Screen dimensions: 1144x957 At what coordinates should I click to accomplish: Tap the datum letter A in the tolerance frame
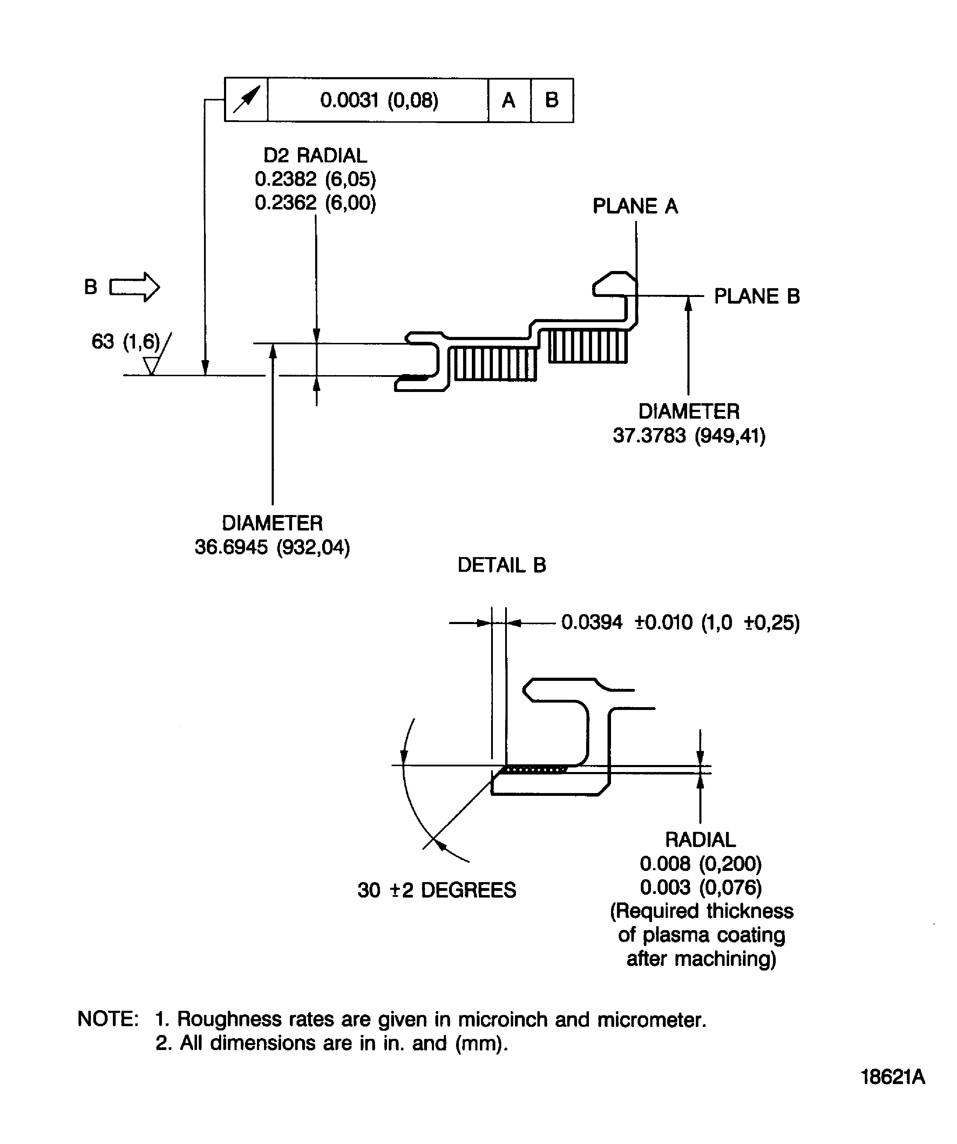[x=508, y=100]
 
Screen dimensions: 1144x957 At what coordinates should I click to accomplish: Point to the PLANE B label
[x=756, y=296]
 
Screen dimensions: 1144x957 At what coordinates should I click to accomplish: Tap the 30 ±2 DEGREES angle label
[x=436, y=890]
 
